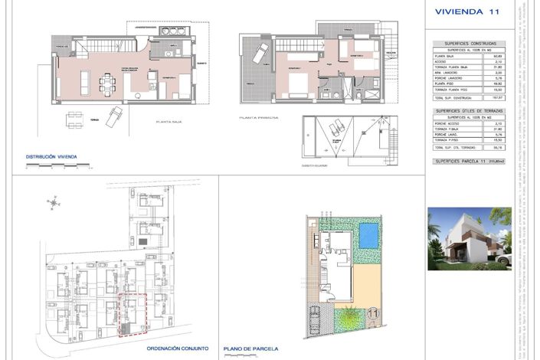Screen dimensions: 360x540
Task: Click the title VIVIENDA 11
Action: click(x=466, y=11)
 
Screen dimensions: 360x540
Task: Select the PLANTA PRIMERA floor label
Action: click(x=257, y=118)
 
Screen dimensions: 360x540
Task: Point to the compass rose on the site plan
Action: click(x=53, y=203)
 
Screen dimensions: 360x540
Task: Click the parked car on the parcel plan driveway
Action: click(x=314, y=321)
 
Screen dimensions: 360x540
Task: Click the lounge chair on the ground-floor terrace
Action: click(x=115, y=116)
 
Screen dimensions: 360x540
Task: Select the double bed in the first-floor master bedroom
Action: click(x=292, y=64)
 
